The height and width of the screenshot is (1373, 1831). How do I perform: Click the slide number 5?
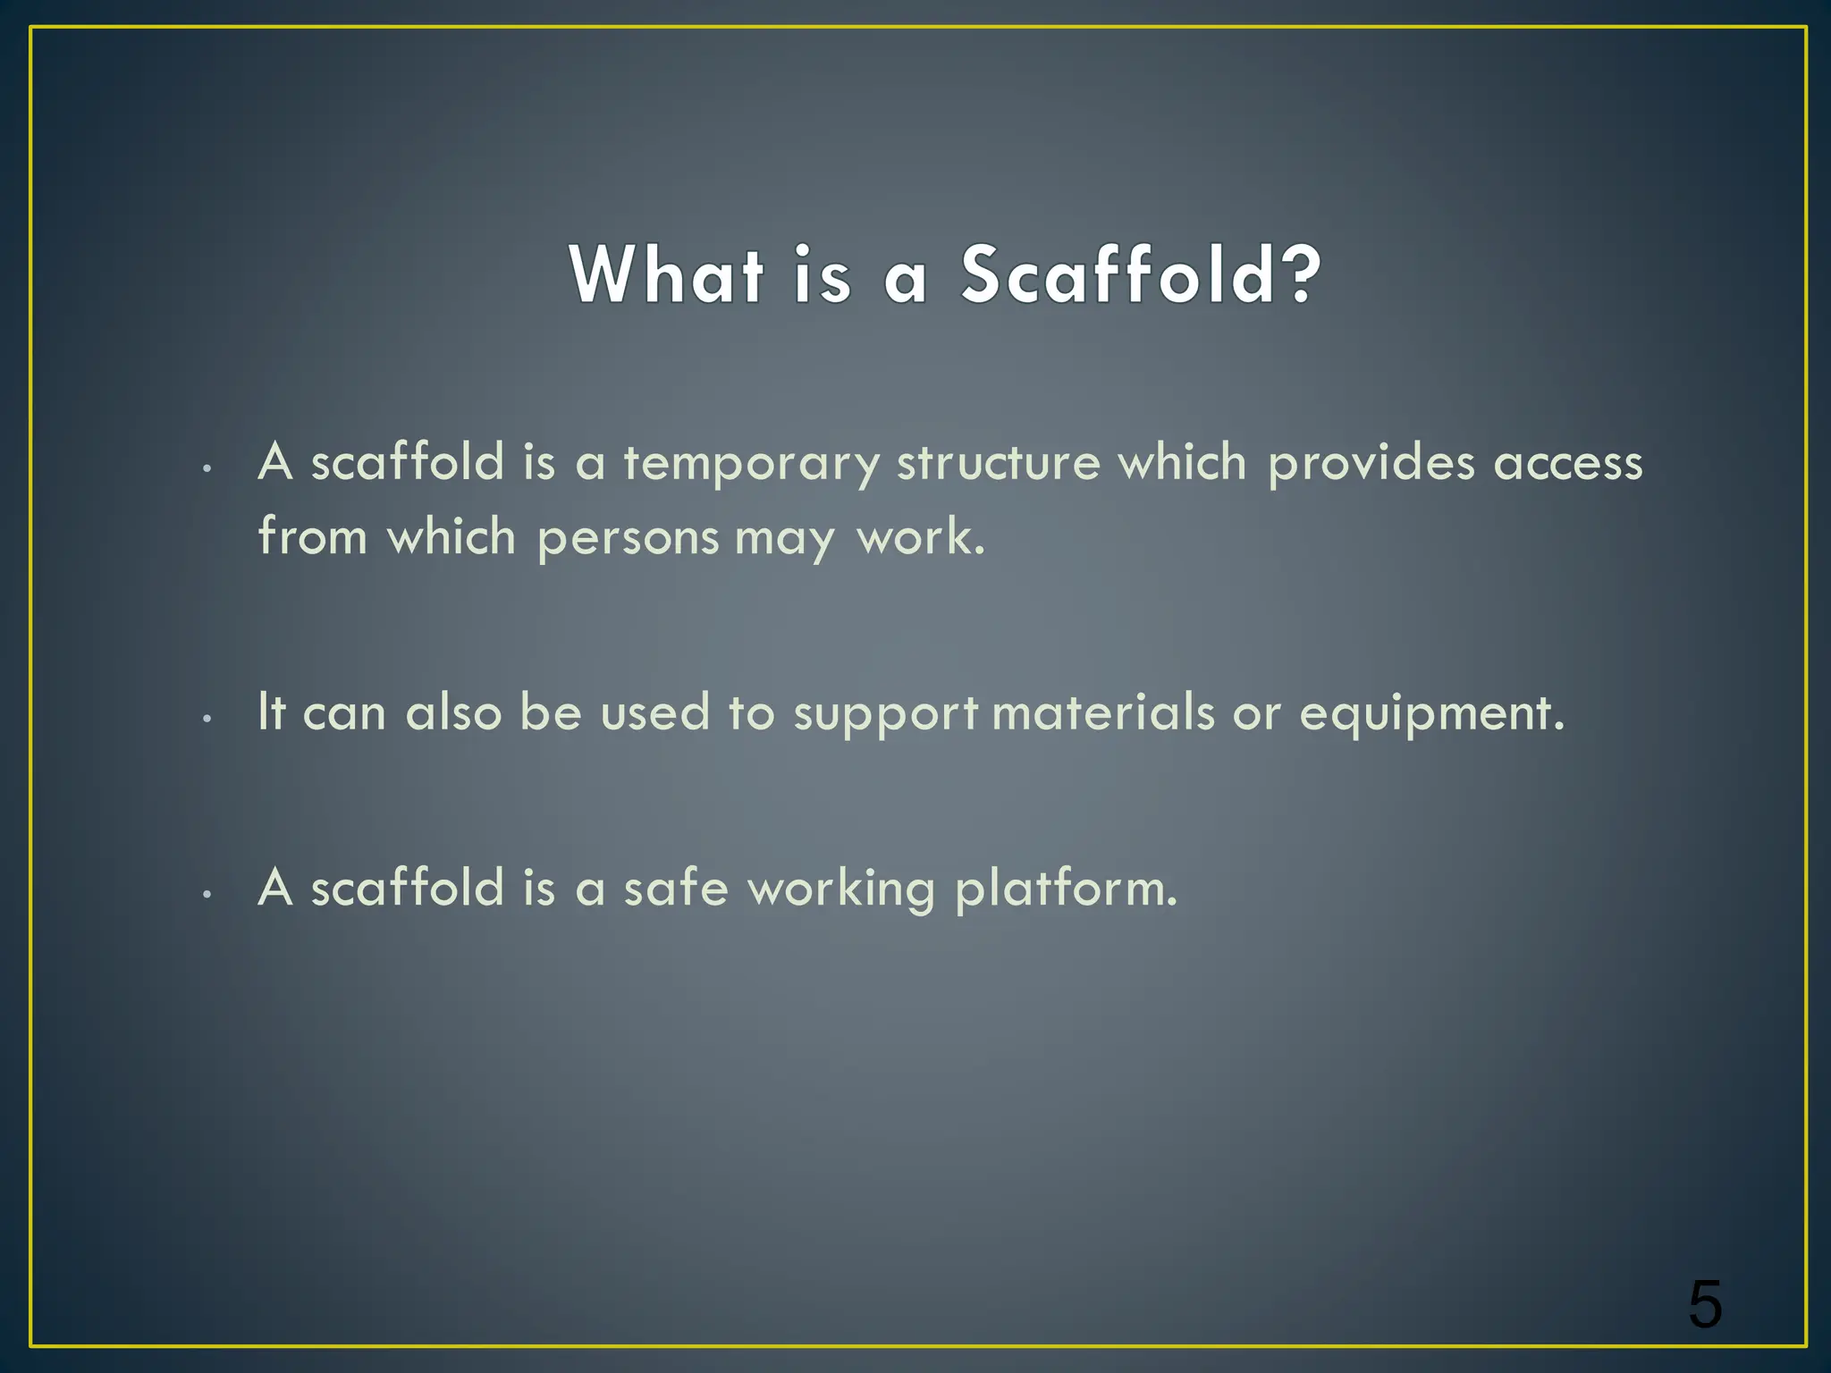pyautogui.click(x=1705, y=1305)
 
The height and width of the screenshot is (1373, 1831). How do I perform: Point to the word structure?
pyautogui.click(x=998, y=463)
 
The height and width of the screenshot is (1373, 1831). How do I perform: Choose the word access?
pyautogui.click(x=1568, y=463)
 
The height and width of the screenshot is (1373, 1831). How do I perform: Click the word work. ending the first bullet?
pyautogui.click(x=921, y=538)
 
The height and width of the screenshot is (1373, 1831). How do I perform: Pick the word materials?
pyautogui.click(x=1103, y=712)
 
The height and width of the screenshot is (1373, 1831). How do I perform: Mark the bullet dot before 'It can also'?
pyautogui.click(x=207, y=718)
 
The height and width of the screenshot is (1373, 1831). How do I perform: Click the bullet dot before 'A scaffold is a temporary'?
pyautogui.click(x=207, y=467)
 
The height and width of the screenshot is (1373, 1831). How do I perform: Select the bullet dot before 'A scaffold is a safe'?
pyautogui.click(x=207, y=893)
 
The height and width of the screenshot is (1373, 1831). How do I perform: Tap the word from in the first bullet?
pyautogui.click(x=312, y=538)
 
